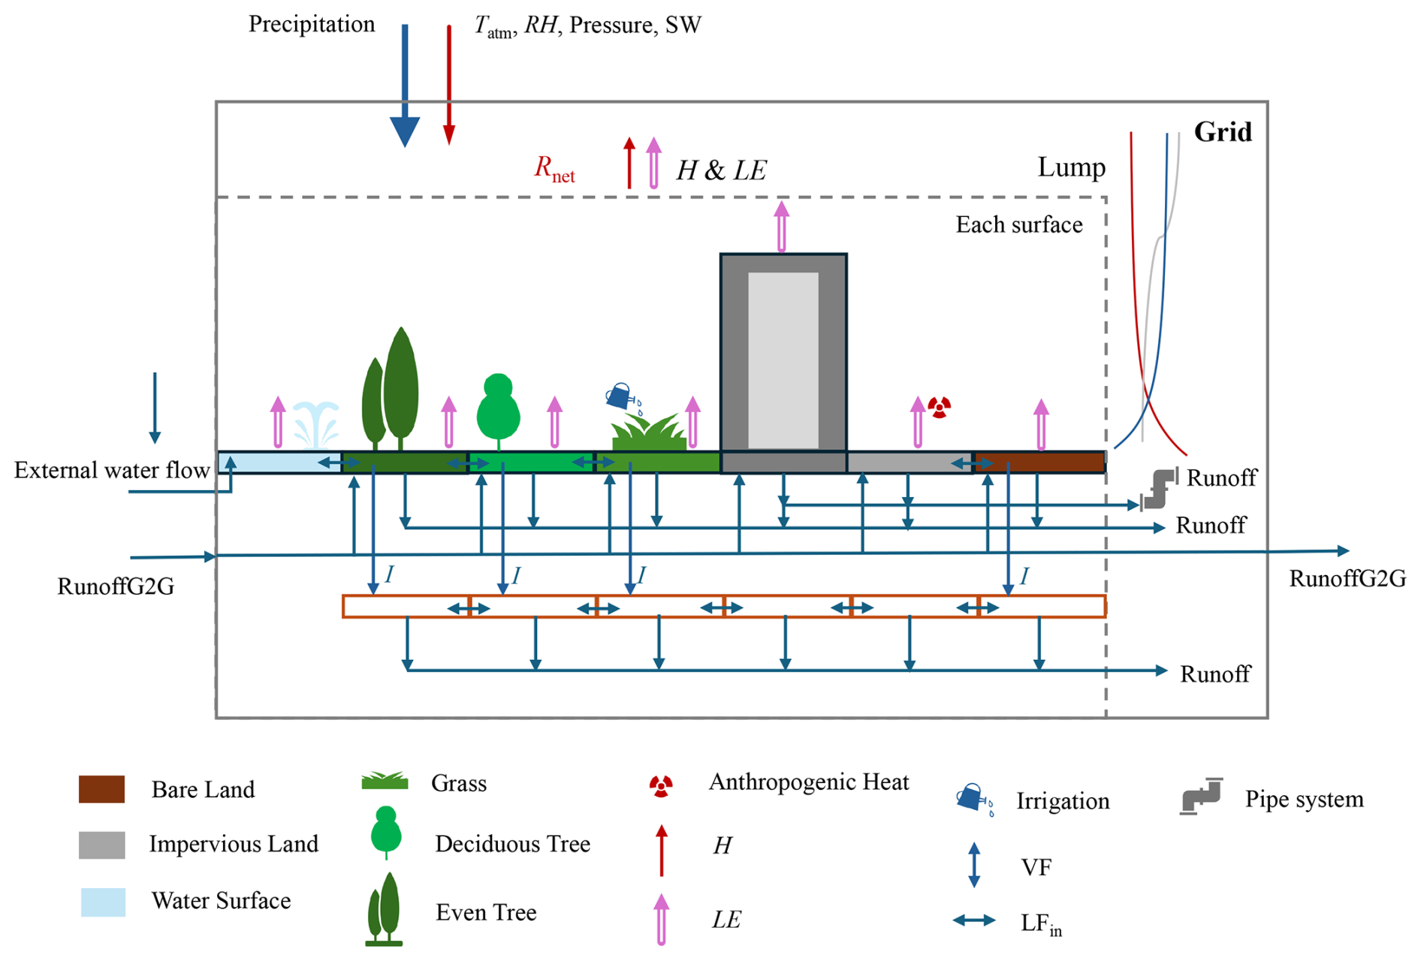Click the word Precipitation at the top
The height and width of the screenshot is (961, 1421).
[312, 24]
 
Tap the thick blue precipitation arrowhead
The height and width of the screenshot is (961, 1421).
[404, 131]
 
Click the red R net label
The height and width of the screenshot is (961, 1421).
[554, 168]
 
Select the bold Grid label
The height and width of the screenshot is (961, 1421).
[1223, 132]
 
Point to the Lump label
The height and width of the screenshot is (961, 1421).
[1071, 167]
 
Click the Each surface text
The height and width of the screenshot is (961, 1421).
[1018, 224]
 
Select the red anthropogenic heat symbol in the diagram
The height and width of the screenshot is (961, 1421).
[939, 407]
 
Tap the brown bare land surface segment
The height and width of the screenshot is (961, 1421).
[1039, 462]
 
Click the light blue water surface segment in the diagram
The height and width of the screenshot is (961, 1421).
[278, 462]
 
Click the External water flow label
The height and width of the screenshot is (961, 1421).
[112, 471]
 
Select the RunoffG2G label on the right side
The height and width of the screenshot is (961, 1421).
[1347, 579]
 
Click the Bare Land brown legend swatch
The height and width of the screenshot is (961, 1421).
[101, 789]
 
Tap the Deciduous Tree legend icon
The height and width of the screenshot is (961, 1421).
[386, 831]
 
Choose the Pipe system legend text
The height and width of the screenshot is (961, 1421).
[1304, 799]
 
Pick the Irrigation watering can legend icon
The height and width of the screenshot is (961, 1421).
[973, 799]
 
